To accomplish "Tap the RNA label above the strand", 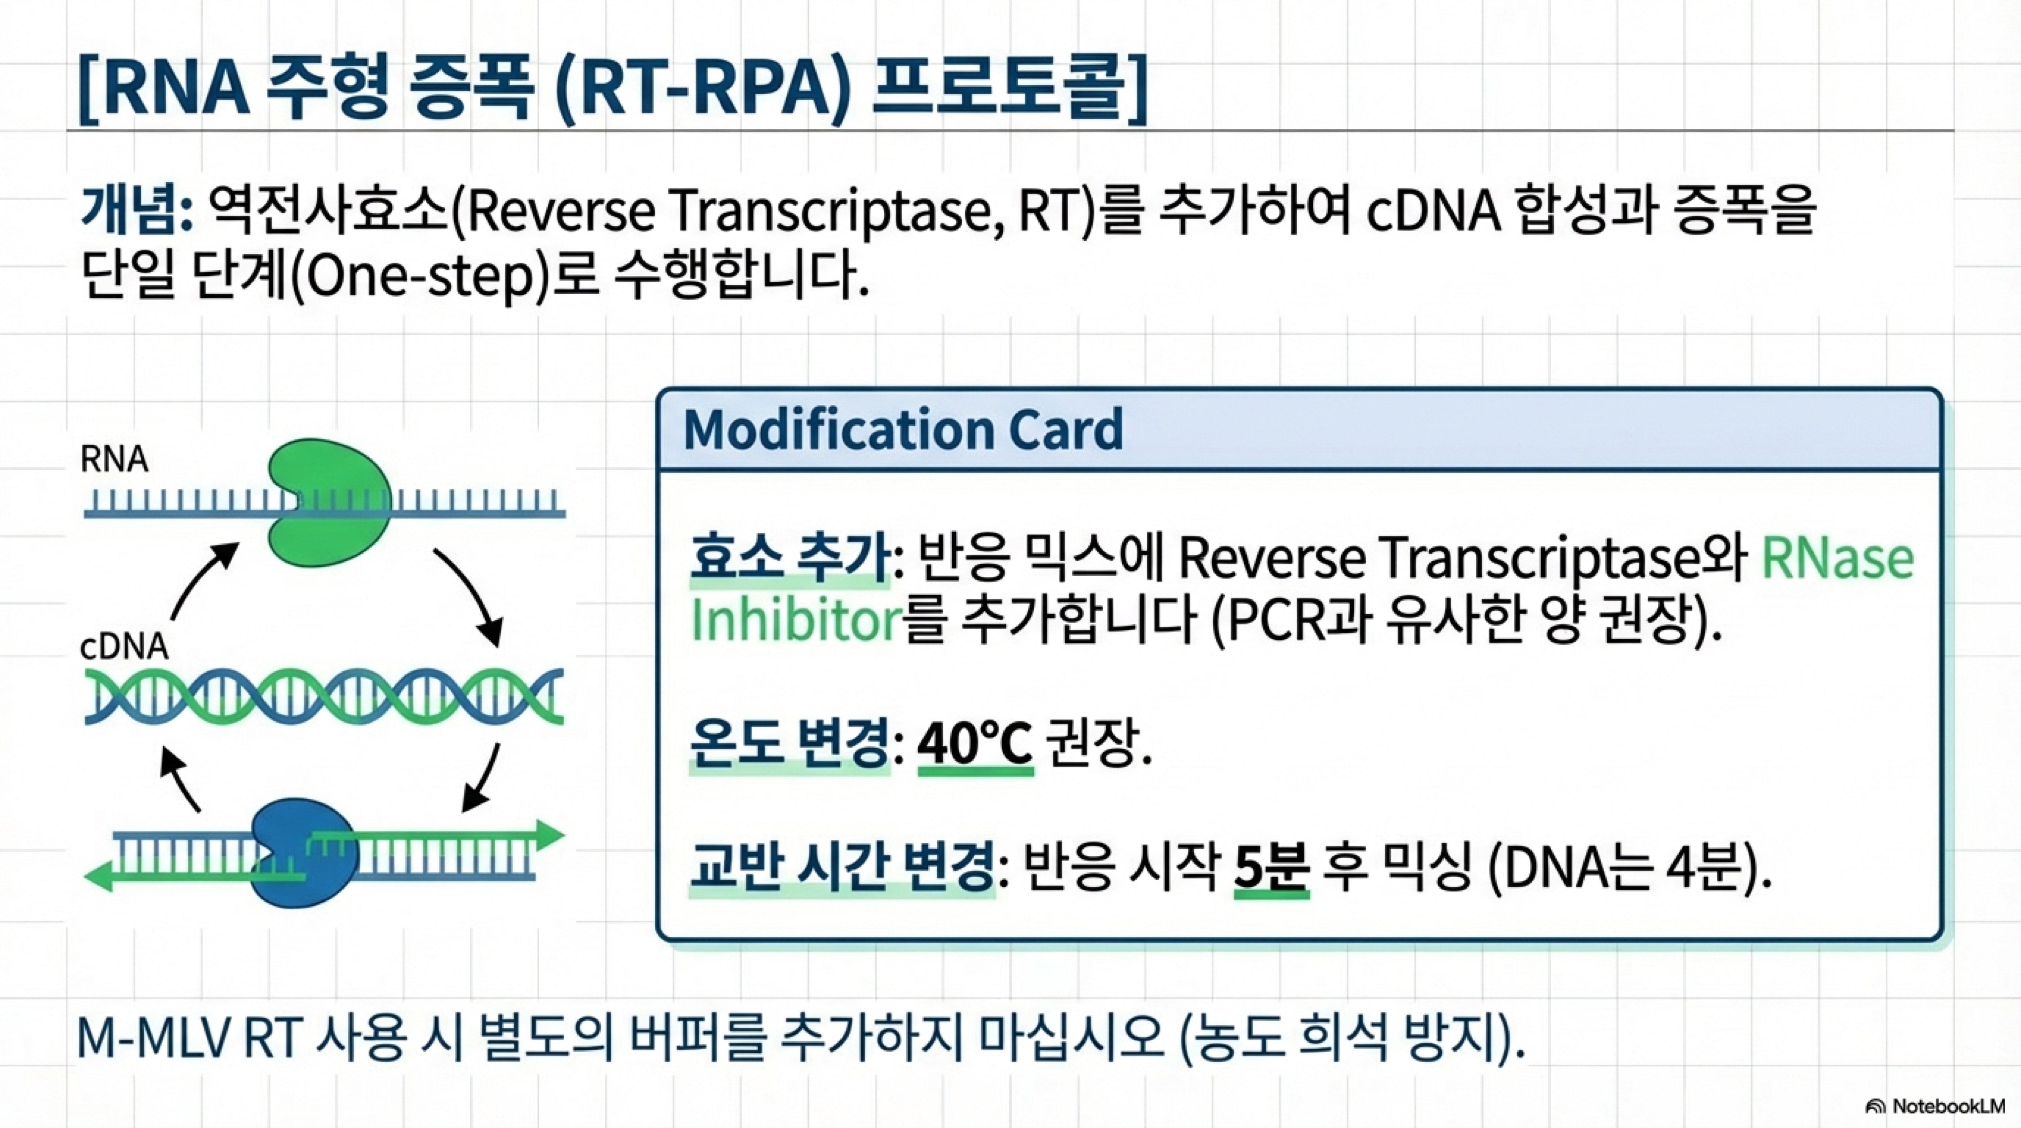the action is click(115, 460).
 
